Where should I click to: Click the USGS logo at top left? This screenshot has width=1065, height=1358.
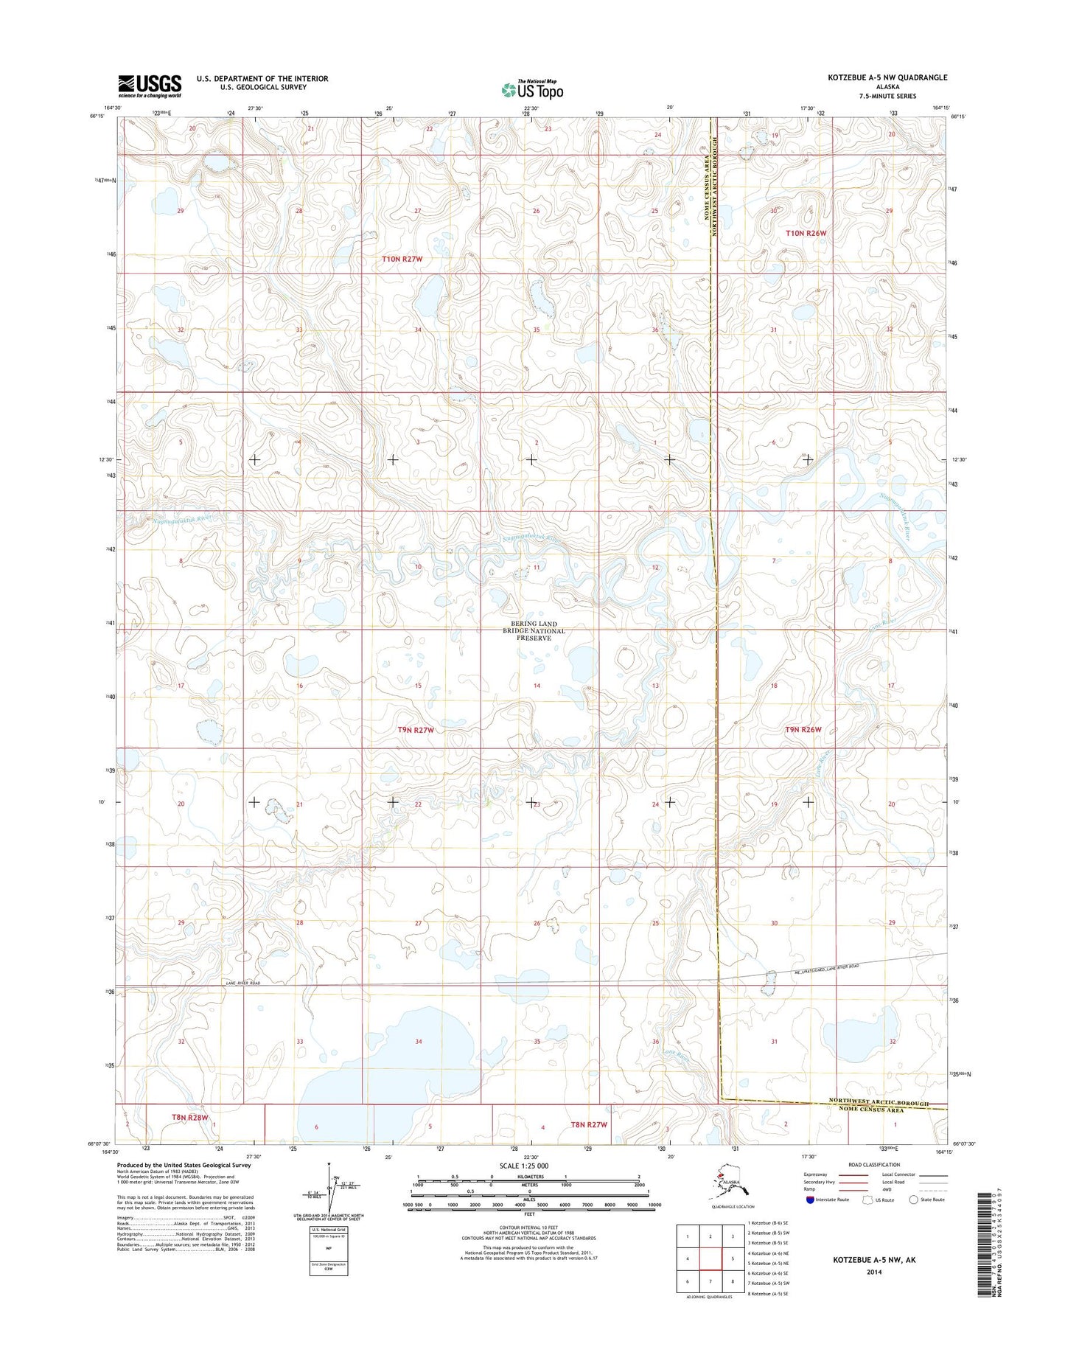coord(150,86)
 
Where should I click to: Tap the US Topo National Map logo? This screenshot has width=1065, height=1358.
coord(532,89)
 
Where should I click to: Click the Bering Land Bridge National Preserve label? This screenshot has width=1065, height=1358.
coord(534,630)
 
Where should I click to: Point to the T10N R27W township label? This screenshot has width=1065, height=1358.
coord(402,260)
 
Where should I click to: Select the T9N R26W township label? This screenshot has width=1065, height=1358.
coord(802,729)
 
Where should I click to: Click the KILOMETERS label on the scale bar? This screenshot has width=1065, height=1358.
coord(528,1177)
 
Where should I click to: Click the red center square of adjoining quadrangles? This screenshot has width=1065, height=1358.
coord(710,1259)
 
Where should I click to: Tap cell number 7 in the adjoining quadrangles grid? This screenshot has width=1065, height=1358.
coord(710,1281)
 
